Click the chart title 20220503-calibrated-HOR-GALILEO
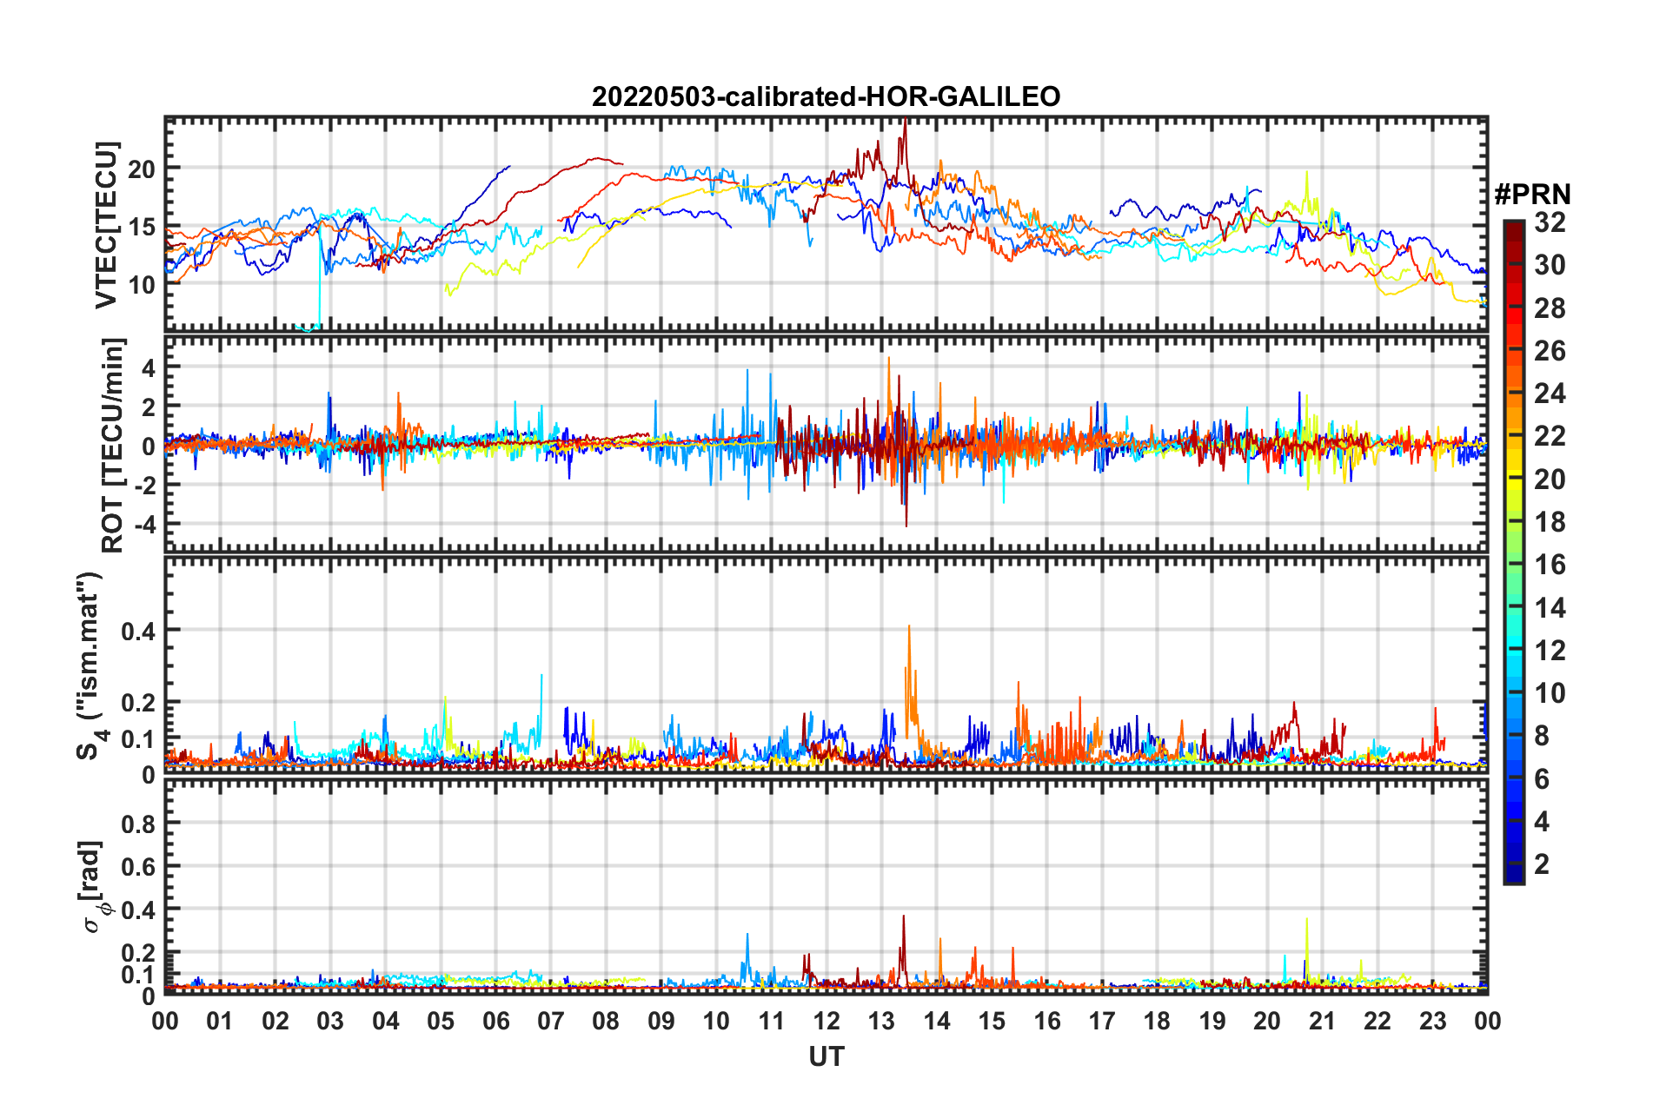point(826,96)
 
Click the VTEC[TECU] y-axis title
point(106,225)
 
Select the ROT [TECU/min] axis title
point(113,446)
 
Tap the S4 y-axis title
point(90,665)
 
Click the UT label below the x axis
point(826,1056)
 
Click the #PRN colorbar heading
point(1532,195)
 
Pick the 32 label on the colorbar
point(1550,222)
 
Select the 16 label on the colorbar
point(1550,565)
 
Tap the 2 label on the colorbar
point(1542,864)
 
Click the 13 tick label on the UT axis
point(881,1021)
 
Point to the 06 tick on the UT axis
point(495,1021)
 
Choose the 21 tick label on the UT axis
point(1322,1021)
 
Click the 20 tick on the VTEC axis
point(142,169)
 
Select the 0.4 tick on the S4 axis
point(138,631)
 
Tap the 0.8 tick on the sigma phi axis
point(140,824)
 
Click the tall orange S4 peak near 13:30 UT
point(909,627)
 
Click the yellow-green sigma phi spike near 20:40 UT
point(1306,920)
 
